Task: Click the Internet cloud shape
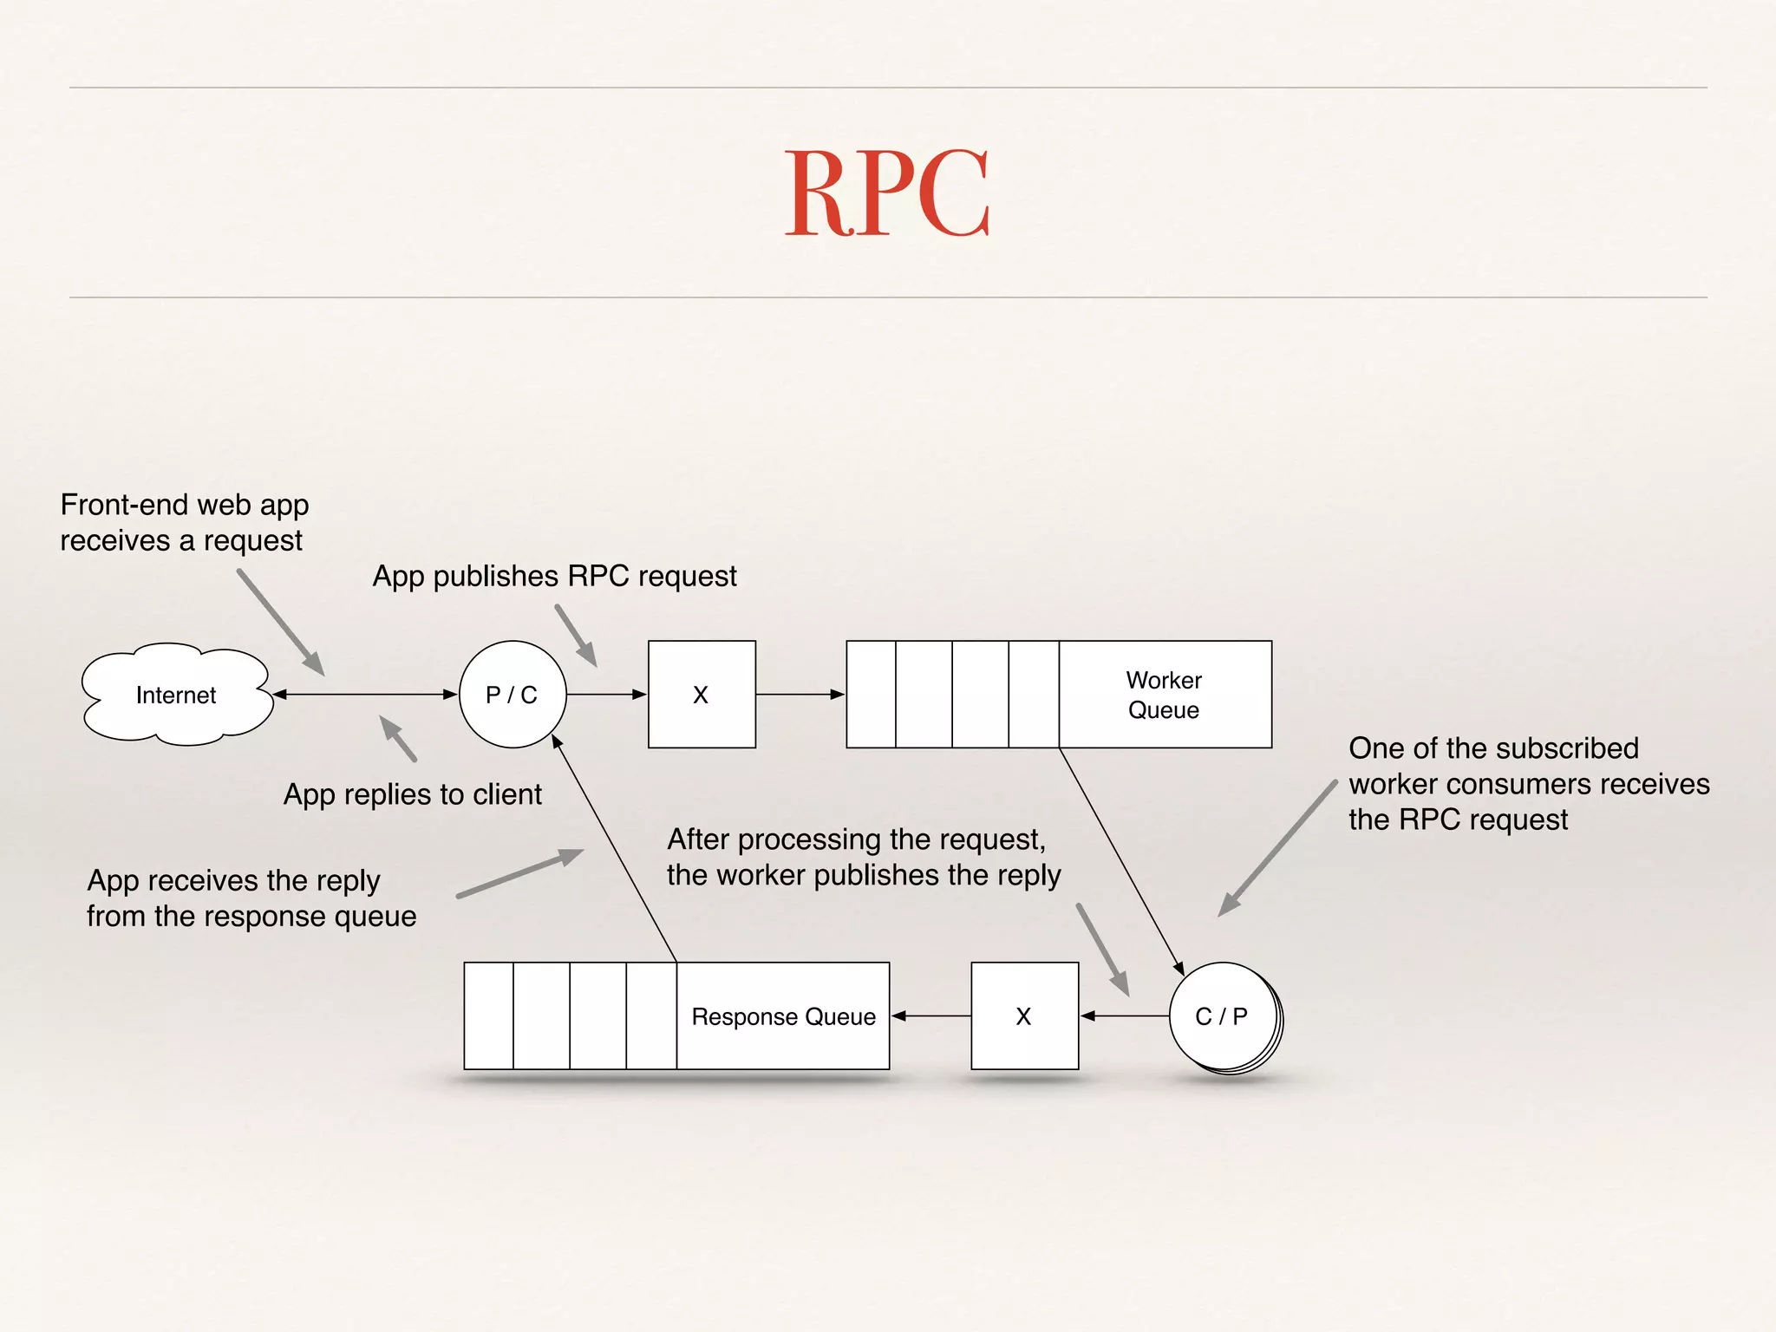pos(176,695)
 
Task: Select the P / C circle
pos(512,695)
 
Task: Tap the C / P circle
pos(1222,1016)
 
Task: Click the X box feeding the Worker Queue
pos(702,695)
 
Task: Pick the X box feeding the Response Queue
pos(1024,1016)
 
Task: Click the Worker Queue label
pos(1164,695)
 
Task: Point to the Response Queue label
pos(783,1016)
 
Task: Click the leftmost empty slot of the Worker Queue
pos(871,695)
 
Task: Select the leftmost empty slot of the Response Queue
pos(488,1016)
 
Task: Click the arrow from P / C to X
pos(606,695)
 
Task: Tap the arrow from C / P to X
pos(1125,1016)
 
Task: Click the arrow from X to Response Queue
pos(930,1016)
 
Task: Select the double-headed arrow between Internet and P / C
pos(365,695)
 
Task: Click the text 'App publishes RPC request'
pos(554,576)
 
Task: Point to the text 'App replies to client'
pos(413,794)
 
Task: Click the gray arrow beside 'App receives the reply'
pos(519,873)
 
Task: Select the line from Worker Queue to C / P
pos(1120,859)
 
